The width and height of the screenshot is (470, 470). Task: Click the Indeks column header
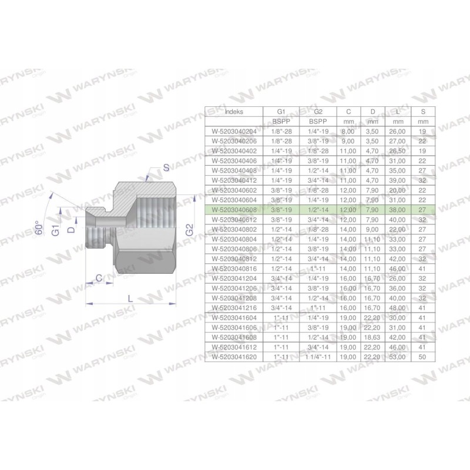click(x=234, y=111)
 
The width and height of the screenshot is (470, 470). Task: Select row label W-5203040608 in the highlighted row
click(x=234, y=209)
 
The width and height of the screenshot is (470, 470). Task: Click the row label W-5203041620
click(x=234, y=356)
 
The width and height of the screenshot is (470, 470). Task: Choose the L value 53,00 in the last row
click(x=396, y=356)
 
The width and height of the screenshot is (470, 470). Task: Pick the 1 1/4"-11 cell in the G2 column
click(x=317, y=356)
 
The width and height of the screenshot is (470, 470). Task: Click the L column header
click(x=396, y=111)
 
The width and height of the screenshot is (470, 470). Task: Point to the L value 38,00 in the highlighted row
click(x=396, y=209)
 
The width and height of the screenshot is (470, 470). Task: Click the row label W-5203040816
click(x=234, y=267)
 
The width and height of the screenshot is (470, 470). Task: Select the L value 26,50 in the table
click(x=396, y=150)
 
